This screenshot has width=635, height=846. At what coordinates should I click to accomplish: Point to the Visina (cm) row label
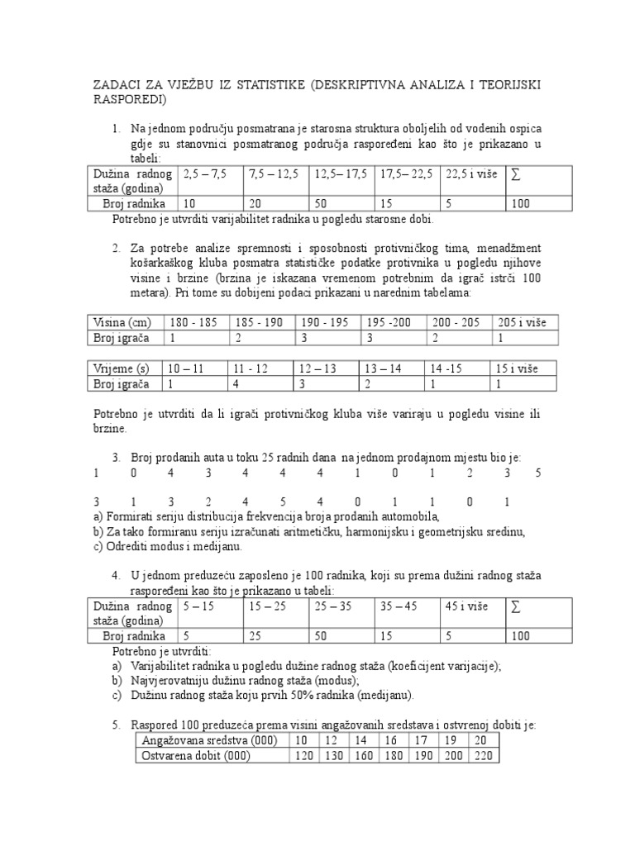coord(121,322)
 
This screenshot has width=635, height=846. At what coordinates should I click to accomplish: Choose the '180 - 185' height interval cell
coord(193,322)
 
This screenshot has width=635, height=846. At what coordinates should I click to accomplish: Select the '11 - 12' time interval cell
coord(251,368)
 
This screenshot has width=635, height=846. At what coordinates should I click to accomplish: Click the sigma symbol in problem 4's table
coord(517,607)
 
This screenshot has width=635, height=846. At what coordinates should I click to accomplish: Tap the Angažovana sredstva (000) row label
coord(210,739)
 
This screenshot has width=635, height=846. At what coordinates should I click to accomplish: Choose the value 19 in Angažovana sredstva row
coord(451,739)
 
